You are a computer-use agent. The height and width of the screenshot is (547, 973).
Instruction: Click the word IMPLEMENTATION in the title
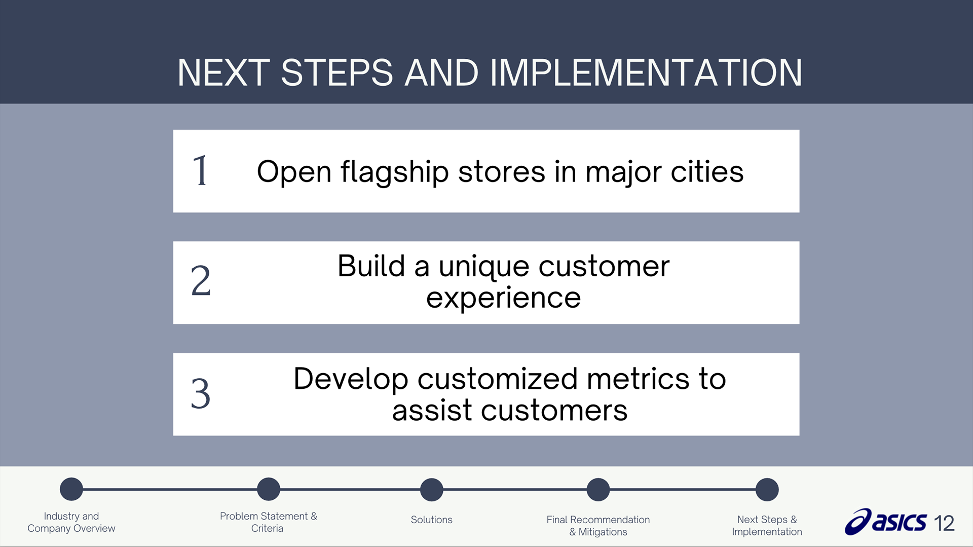(646, 72)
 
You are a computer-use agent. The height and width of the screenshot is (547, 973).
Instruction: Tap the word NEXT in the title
(223, 72)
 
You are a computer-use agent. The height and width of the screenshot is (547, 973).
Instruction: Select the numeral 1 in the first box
(200, 171)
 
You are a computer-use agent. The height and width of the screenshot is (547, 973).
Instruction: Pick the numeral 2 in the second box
(201, 281)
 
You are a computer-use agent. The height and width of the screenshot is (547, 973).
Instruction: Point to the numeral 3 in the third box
(201, 393)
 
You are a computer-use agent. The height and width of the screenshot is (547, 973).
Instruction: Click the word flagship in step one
(395, 172)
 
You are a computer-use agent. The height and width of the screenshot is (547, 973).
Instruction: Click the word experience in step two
(503, 298)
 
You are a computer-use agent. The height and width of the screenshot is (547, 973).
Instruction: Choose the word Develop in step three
(351, 380)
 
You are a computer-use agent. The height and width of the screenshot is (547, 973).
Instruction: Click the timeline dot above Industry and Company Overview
(71, 489)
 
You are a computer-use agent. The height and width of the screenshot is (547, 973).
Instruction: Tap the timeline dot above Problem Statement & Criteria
(269, 489)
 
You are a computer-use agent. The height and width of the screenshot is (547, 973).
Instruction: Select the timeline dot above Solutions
(432, 490)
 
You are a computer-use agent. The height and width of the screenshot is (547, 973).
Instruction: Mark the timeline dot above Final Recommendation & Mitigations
(598, 490)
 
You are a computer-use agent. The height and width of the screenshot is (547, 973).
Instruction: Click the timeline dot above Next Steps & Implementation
(767, 490)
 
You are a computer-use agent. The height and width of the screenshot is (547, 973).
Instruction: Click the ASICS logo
(885, 522)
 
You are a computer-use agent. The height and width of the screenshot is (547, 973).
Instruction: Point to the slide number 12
(944, 523)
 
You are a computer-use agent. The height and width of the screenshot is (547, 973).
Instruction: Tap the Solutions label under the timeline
(432, 520)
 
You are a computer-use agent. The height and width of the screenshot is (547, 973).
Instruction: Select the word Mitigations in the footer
(603, 532)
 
